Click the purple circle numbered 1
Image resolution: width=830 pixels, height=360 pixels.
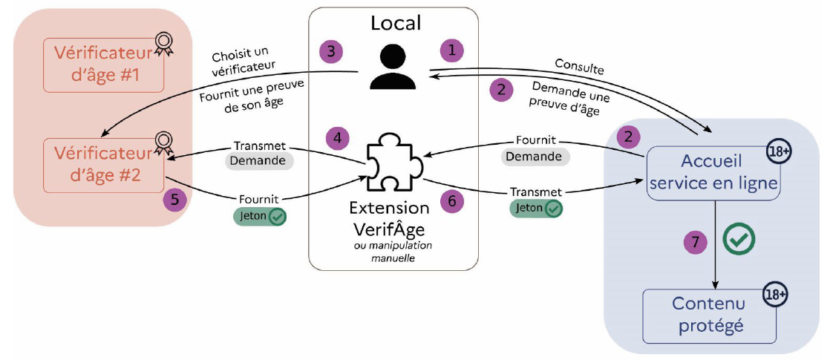(x=451, y=50)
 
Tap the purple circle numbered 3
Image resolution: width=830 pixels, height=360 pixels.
(x=331, y=51)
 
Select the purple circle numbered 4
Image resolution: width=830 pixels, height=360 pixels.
(x=338, y=137)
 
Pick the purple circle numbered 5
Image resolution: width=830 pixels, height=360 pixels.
(x=174, y=200)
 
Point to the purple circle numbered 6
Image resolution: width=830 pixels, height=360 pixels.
(x=452, y=200)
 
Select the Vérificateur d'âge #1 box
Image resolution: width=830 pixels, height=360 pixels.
(x=104, y=65)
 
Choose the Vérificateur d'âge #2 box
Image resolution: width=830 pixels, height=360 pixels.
(x=104, y=165)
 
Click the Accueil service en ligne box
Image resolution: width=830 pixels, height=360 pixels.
(x=713, y=173)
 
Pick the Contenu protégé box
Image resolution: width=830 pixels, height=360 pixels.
(x=708, y=315)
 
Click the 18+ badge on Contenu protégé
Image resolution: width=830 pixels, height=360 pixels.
(x=775, y=295)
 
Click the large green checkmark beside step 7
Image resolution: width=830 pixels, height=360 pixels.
(x=739, y=238)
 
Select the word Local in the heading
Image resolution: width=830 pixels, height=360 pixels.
(x=396, y=23)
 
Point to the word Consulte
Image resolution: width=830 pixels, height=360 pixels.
(x=578, y=69)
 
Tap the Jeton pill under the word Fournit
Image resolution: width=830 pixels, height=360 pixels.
(x=259, y=217)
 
